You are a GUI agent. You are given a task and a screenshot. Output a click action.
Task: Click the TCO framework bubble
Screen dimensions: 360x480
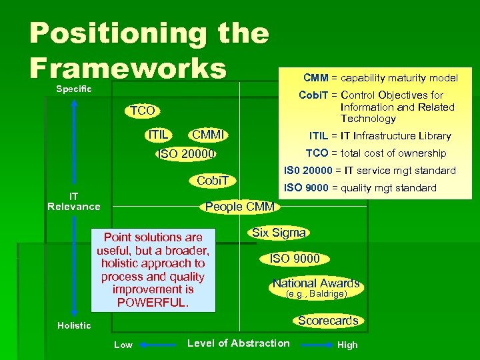142,111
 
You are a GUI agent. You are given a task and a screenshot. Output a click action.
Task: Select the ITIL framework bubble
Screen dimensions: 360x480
159,135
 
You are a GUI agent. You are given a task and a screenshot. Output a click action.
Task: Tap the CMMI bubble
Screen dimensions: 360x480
210,135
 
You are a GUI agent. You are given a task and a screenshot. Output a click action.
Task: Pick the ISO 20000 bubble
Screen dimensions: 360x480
185,155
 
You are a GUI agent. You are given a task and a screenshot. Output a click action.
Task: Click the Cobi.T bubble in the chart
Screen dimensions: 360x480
213,180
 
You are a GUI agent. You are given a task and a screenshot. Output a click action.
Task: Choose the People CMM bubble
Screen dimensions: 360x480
239,207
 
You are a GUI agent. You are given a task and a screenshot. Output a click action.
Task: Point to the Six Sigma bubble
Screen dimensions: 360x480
279,233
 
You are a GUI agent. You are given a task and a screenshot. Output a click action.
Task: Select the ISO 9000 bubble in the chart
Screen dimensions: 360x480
294,258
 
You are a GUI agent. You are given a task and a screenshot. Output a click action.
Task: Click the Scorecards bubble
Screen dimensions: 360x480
328,321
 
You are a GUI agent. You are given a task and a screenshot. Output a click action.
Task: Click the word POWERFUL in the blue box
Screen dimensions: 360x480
153,302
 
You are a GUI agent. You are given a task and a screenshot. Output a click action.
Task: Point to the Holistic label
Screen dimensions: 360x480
74,325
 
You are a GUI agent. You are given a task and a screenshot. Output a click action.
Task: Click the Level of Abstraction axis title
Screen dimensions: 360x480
239,343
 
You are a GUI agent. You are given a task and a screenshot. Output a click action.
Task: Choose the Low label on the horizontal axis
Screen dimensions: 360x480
123,345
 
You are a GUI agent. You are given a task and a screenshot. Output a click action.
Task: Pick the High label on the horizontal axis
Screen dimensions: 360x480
347,345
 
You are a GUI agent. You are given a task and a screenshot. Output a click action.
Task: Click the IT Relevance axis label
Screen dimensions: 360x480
74,201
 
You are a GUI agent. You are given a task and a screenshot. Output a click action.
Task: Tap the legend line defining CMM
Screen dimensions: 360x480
380,77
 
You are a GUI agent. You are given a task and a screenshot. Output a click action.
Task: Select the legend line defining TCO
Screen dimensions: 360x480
375,153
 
